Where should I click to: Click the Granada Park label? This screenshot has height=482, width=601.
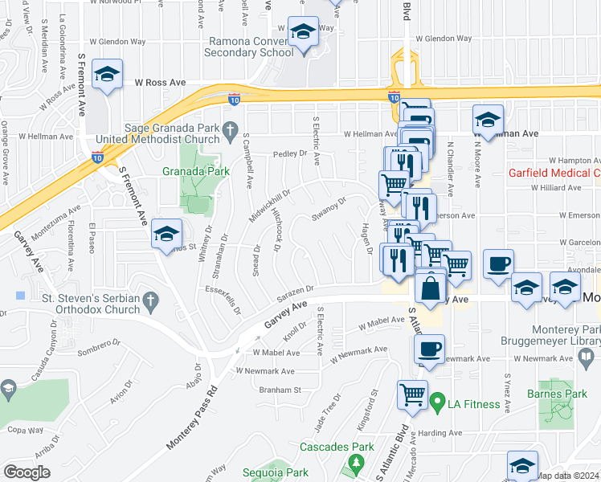pyautogui.click(x=196, y=171)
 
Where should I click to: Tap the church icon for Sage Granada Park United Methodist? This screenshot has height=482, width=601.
pyautogui.click(x=231, y=129)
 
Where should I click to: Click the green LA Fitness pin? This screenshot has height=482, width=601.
pyautogui.click(x=438, y=399)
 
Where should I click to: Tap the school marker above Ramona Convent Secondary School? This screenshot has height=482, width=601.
pyautogui.click(x=302, y=33)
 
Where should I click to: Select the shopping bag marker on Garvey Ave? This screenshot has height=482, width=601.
pyautogui.click(x=431, y=285)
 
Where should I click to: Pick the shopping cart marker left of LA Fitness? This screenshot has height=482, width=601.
pyautogui.click(x=412, y=394)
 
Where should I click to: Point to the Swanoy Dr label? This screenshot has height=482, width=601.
pyautogui.click(x=329, y=210)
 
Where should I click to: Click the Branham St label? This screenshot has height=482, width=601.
pyautogui.click(x=279, y=390)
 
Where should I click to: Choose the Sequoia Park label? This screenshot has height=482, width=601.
pyautogui.click(x=275, y=473)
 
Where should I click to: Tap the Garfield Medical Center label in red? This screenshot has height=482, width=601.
pyautogui.click(x=554, y=173)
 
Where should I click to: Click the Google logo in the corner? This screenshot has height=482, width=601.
pyautogui.click(x=27, y=472)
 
